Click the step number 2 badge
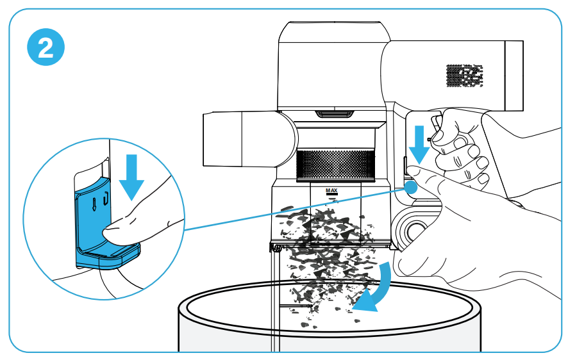46,48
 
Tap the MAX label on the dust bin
331,190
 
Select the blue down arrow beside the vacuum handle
421,145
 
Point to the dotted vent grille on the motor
464,76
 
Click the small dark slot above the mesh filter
335,115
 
